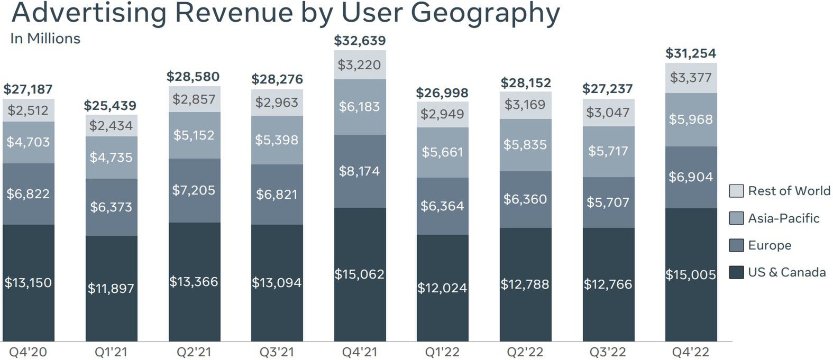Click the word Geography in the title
(x=485, y=13)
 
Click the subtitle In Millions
(x=45, y=39)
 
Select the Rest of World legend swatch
(x=736, y=191)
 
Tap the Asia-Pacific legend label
(x=783, y=218)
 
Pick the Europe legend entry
(x=769, y=245)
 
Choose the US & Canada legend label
(x=786, y=272)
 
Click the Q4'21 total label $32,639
(x=360, y=41)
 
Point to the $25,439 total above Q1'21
(x=110, y=106)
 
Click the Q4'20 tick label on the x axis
(x=28, y=352)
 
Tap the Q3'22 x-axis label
(x=608, y=352)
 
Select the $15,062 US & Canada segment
(x=360, y=274)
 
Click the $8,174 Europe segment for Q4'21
(x=360, y=171)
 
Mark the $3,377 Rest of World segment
(x=691, y=78)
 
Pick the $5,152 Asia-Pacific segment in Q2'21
(x=194, y=135)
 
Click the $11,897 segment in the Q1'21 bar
(x=111, y=288)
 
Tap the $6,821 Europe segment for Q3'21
(x=277, y=195)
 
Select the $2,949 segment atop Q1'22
(x=442, y=114)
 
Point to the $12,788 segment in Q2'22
(x=525, y=284)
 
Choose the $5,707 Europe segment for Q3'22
(x=608, y=202)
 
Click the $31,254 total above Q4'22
(x=691, y=53)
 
